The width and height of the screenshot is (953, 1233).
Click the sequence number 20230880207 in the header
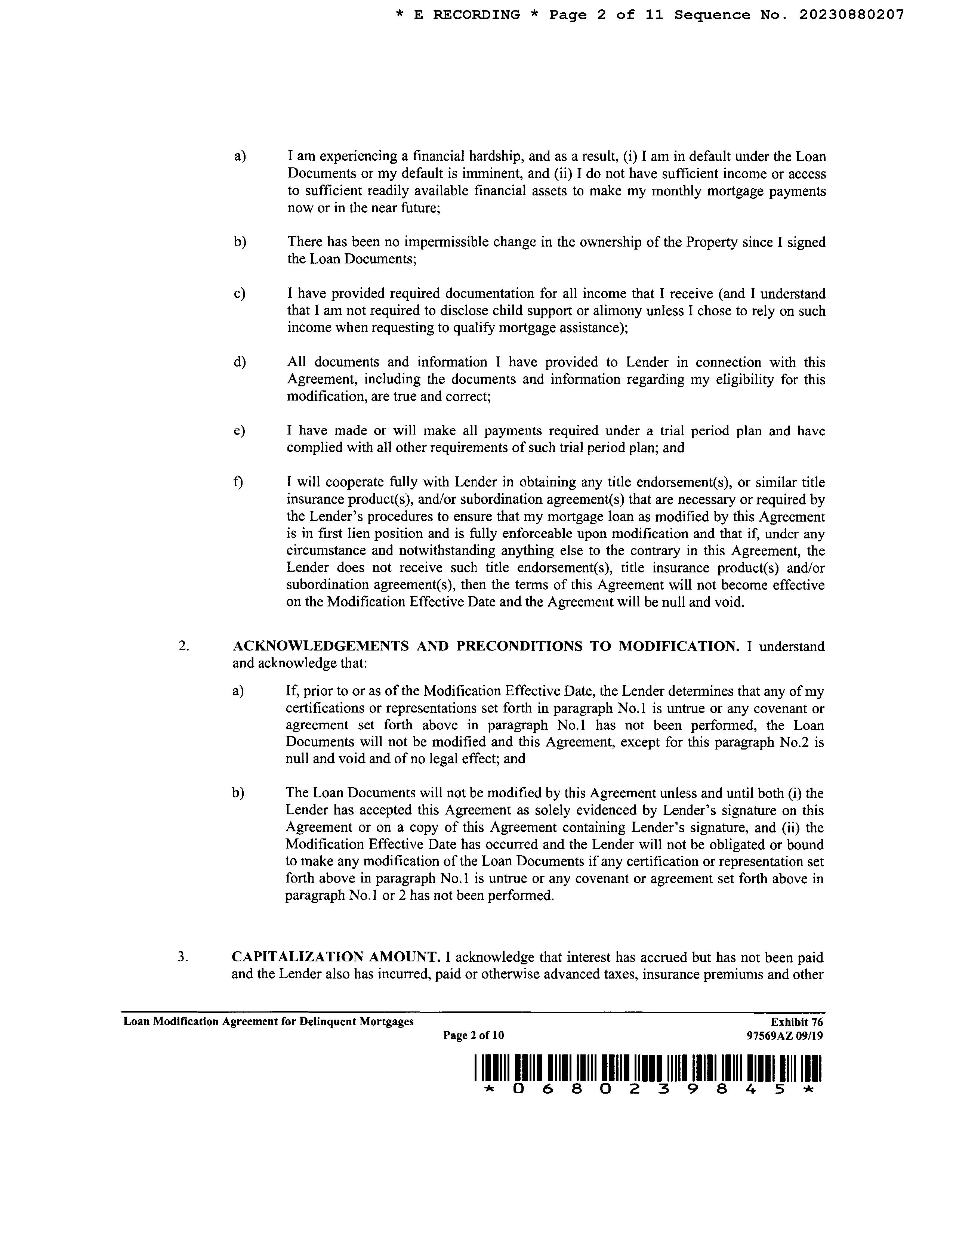[x=851, y=15]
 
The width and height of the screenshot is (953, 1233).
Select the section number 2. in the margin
[x=183, y=646]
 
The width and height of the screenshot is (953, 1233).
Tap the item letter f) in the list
[x=238, y=482]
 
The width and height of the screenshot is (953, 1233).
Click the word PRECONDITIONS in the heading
[x=519, y=646]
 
